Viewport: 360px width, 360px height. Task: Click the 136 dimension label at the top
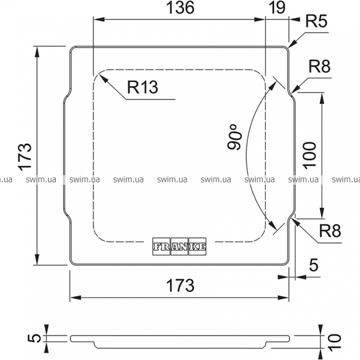pyautogui.click(x=179, y=8)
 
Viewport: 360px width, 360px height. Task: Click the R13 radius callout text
pyautogui.click(x=142, y=88)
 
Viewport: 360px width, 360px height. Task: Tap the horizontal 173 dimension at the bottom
pyautogui.click(x=179, y=285)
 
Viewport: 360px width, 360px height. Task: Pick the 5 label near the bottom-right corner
pyautogui.click(x=313, y=265)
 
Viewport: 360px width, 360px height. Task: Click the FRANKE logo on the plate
pyautogui.click(x=180, y=247)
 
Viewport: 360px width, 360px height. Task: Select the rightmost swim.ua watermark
pyautogui.click(x=345, y=179)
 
